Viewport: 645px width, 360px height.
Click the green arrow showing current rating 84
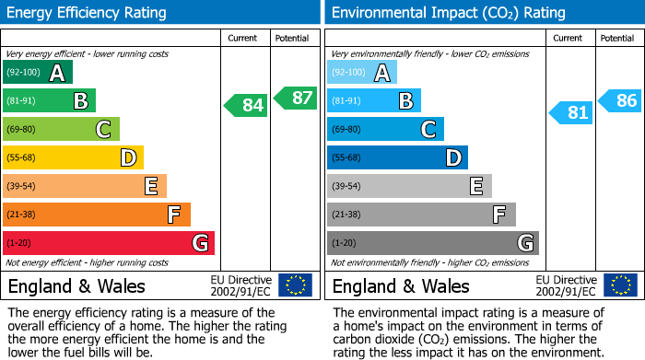tap(246, 106)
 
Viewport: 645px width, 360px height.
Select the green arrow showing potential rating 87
tap(294, 98)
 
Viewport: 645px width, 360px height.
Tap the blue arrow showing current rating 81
tap(571, 113)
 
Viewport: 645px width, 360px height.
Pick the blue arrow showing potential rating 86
tap(620, 101)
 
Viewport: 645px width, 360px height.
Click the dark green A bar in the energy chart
tap(38, 73)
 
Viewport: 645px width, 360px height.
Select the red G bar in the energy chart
tap(109, 243)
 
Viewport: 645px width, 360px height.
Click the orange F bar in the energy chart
tap(97, 215)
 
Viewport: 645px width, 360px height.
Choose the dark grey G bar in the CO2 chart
tap(433, 243)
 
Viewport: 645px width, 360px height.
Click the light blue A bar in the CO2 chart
tap(362, 73)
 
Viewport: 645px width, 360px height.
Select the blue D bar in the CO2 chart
tap(397, 158)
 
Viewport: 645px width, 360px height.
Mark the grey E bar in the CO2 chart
tap(409, 186)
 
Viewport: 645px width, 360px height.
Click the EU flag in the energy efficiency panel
tap(296, 285)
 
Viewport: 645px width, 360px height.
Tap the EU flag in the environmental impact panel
tap(620, 285)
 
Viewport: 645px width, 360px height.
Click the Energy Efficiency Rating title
tap(88, 13)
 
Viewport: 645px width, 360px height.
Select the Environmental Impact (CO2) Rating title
tap(448, 13)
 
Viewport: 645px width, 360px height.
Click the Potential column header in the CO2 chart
tap(617, 38)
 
